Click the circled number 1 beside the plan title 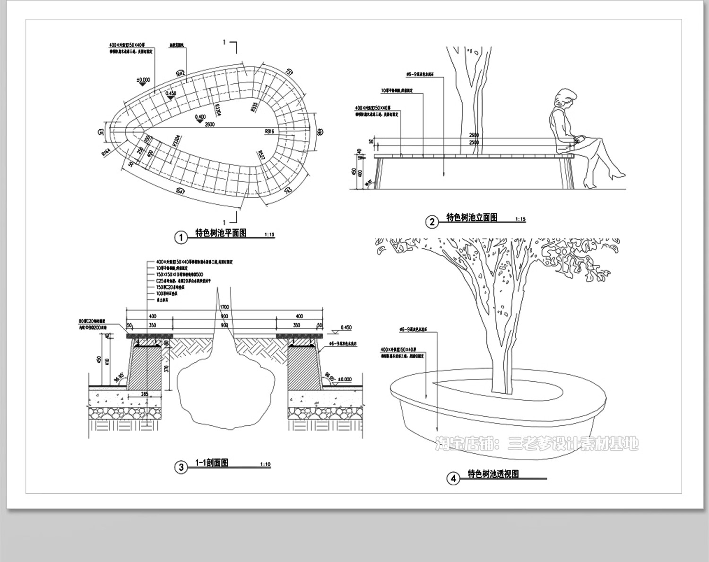click(x=181, y=237)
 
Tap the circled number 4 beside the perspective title click(x=453, y=479)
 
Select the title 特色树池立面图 click(x=472, y=218)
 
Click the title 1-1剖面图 click(x=212, y=463)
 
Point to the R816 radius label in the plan click(x=270, y=131)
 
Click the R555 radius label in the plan click(x=255, y=107)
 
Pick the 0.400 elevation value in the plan click(x=199, y=117)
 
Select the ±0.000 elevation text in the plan click(x=143, y=80)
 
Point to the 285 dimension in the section click(x=145, y=394)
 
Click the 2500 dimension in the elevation click(x=474, y=142)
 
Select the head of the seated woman click(x=565, y=98)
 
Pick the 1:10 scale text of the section click(x=266, y=465)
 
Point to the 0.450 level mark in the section click(x=346, y=327)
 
